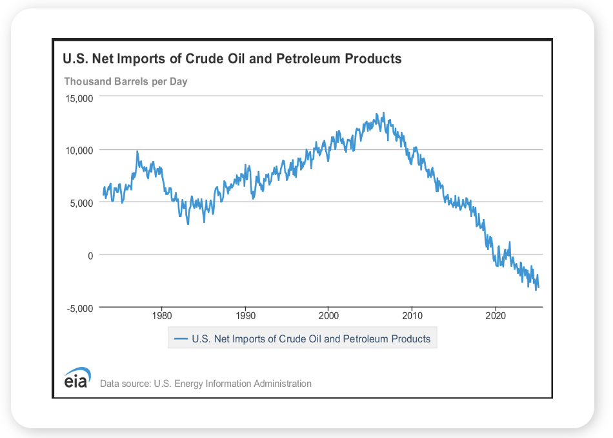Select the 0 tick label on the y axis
pos(91,255)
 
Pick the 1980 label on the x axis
pos(161,317)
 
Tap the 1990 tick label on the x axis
pos(245,317)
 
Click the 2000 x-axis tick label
pos(328,317)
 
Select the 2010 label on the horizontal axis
pos(412,317)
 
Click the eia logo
pos(77,381)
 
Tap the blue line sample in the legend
pos(181,339)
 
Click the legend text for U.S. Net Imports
pos(311,339)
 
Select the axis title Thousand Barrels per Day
pos(126,81)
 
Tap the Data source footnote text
pos(206,384)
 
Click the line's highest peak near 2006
pos(384,113)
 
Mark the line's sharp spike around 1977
pos(137,151)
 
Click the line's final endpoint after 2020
pos(539,287)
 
